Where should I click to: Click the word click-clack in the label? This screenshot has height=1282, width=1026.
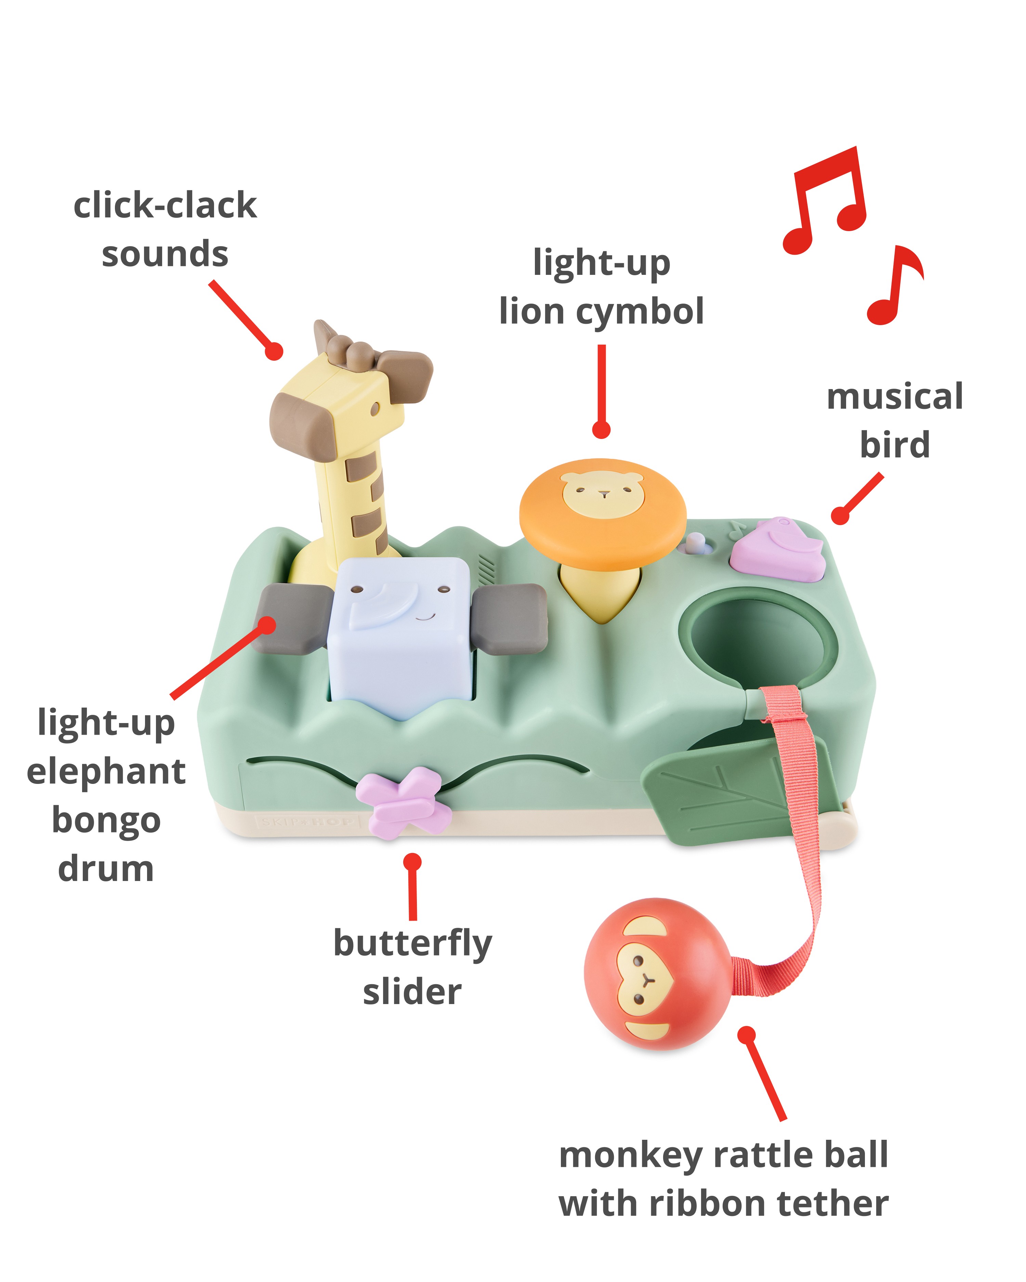(165, 206)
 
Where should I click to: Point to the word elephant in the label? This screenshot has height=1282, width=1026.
(106, 772)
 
